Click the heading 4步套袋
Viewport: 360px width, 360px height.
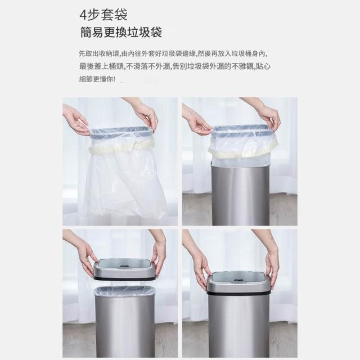tap(103, 15)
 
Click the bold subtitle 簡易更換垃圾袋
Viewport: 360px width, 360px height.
tap(121, 32)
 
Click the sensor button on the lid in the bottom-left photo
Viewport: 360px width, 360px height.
tap(124, 266)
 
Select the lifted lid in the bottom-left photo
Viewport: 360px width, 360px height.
tap(125, 269)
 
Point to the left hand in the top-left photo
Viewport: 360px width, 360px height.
tap(75, 120)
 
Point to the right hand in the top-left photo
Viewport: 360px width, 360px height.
tap(145, 115)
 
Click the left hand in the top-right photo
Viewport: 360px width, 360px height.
tap(196, 120)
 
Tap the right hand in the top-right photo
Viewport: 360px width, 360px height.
tap(266, 115)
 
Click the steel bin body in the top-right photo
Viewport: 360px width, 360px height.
tap(240, 195)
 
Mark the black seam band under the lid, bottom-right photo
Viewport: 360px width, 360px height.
tap(238, 292)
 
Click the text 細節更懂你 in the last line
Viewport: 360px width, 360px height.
tap(96, 79)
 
